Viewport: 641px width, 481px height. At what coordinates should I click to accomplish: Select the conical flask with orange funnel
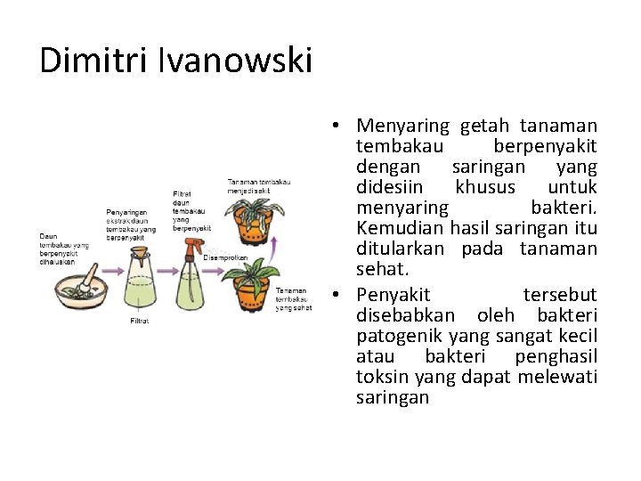coord(141,281)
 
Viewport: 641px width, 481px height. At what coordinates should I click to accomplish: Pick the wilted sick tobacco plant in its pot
coord(256,218)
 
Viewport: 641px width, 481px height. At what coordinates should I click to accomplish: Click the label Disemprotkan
coord(225,258)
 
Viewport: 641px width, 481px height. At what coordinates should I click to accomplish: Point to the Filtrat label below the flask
coord(140,321)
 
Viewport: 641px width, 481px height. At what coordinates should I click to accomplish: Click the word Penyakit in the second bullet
coord(393,295)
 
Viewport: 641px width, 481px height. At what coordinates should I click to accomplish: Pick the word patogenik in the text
coord(394,337)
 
